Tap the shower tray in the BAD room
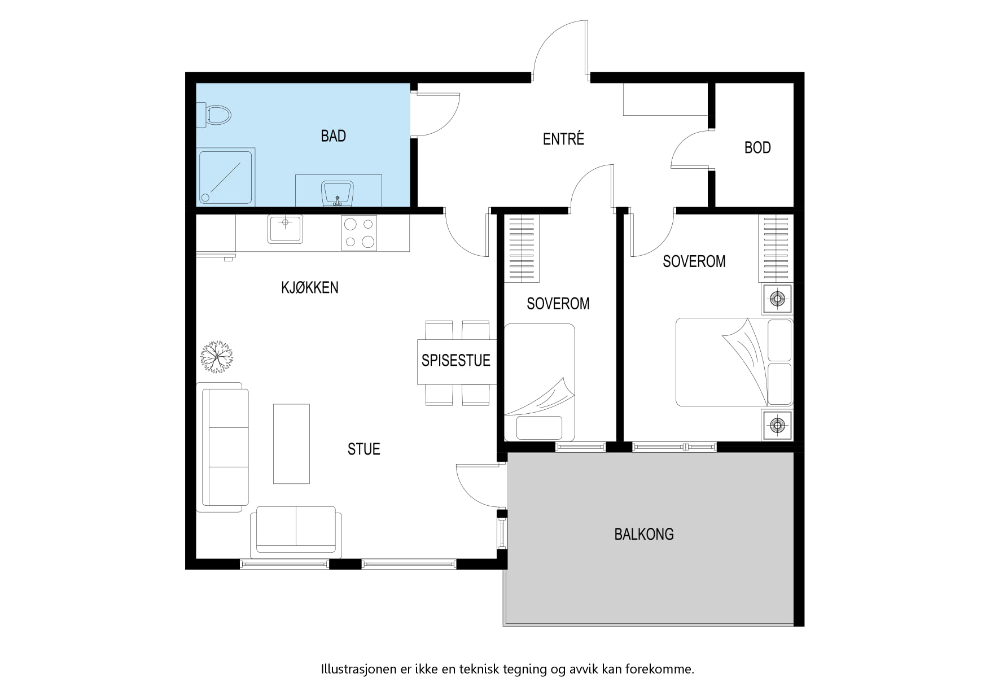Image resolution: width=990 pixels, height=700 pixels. (226, 177)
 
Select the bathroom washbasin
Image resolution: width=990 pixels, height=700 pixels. (338, 194)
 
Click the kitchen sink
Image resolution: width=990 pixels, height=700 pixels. (285, 229)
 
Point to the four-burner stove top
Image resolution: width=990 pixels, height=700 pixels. (359, 233)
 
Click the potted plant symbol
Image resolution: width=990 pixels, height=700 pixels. (217, 357)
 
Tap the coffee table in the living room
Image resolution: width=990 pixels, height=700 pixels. (291, 444)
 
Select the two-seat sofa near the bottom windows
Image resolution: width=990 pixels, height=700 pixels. (296, 530)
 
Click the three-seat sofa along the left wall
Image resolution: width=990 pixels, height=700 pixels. (222, 447)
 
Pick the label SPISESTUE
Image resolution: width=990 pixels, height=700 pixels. (456, 360)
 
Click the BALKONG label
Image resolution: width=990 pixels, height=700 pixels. (644, 534)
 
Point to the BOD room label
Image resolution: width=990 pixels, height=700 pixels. (757, 148)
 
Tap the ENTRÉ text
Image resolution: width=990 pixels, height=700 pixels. (563, 138)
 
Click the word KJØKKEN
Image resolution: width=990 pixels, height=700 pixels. (310, 287)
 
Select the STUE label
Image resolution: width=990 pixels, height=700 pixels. (364, 449)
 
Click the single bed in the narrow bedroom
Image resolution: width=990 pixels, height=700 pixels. (540, 382)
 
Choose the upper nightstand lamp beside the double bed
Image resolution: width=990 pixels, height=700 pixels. (777, 298)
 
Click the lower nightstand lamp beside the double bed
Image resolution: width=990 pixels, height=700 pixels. (777, 425)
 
